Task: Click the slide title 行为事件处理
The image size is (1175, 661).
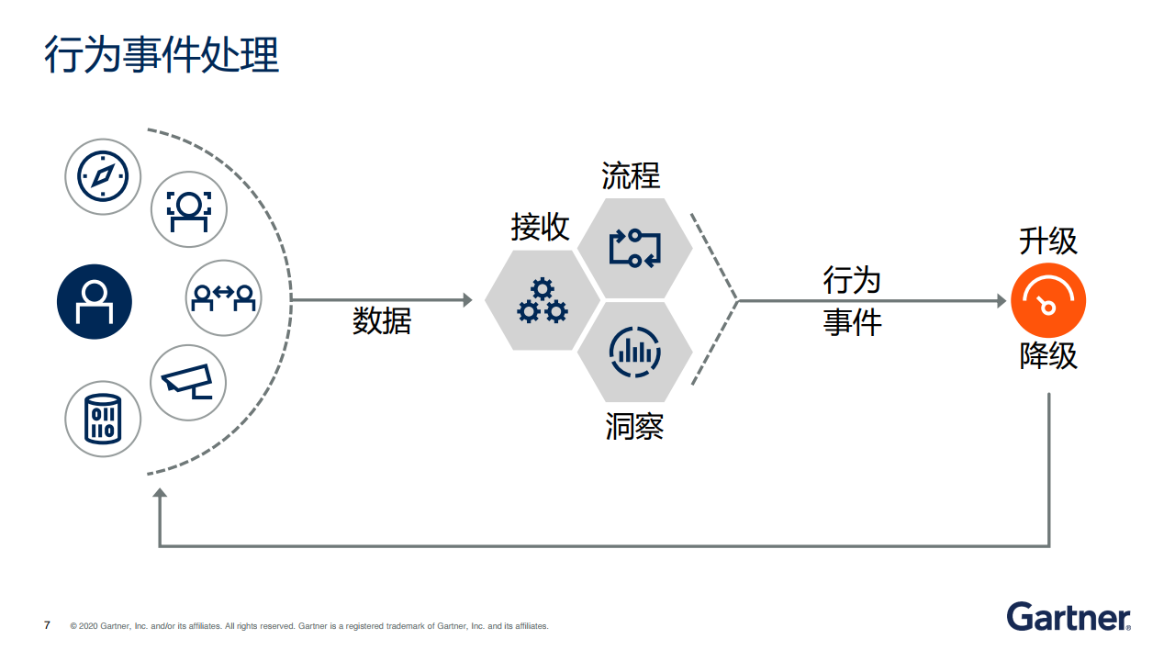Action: pyautogui.click(x=162, y=55)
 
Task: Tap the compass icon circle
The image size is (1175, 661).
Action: pyautogui.click(x=103, y=176)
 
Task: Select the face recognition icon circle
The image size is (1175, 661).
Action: pyautogui.click(x=188, y=209)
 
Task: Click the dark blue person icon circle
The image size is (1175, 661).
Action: pyautogui.click(x=95, y=301)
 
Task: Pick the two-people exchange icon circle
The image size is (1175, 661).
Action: pyautogui.click(x=223, y=297)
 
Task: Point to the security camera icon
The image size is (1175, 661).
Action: pyautogui.click(x=187, y=383)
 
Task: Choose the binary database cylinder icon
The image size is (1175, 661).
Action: pyautogui.click(x=103, y=419)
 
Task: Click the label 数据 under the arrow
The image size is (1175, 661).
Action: pyautogui.click(x=382, y=321)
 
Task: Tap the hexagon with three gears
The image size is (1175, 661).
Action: pyautogui.click(x=543, y=300)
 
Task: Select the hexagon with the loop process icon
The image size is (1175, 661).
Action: pyautogui.click(x=634, y=248)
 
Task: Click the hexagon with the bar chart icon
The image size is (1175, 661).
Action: pyautogui.click(x=634, y=352)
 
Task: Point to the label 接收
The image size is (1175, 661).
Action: pyautogui.click(x=540, y=228)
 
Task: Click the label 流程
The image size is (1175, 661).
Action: pyautogui.click(x=631, y=175)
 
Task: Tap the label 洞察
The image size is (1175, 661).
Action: pyautogui.click(x=634, y=427)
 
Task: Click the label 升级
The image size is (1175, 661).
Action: pyautogui.click(x=1048, y=241)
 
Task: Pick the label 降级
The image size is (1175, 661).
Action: pyautogui.click(x=1048, y=356)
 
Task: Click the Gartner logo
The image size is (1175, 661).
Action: pyautogui.click(x=1068, y=617)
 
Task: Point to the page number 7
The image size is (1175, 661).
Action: pyautogui.click(x=47, y=625)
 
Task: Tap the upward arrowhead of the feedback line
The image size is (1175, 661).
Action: pyautogui.click(x=160, y=495)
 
